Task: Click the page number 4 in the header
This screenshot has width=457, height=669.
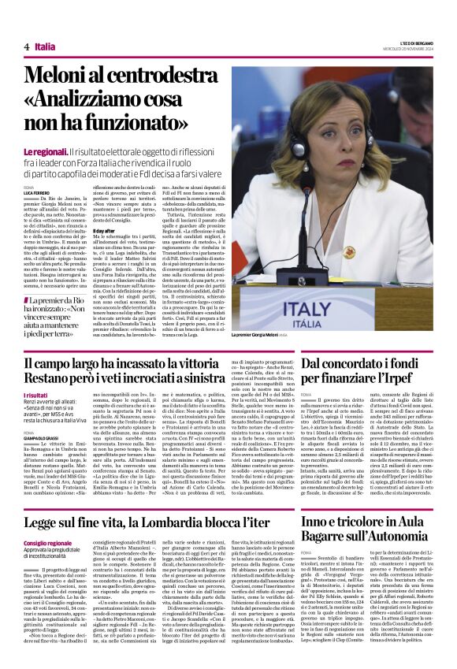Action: pos(27,47)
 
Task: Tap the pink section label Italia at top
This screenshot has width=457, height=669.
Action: pos(45,47)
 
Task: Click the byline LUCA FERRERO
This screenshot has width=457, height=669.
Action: pos(36,192)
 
